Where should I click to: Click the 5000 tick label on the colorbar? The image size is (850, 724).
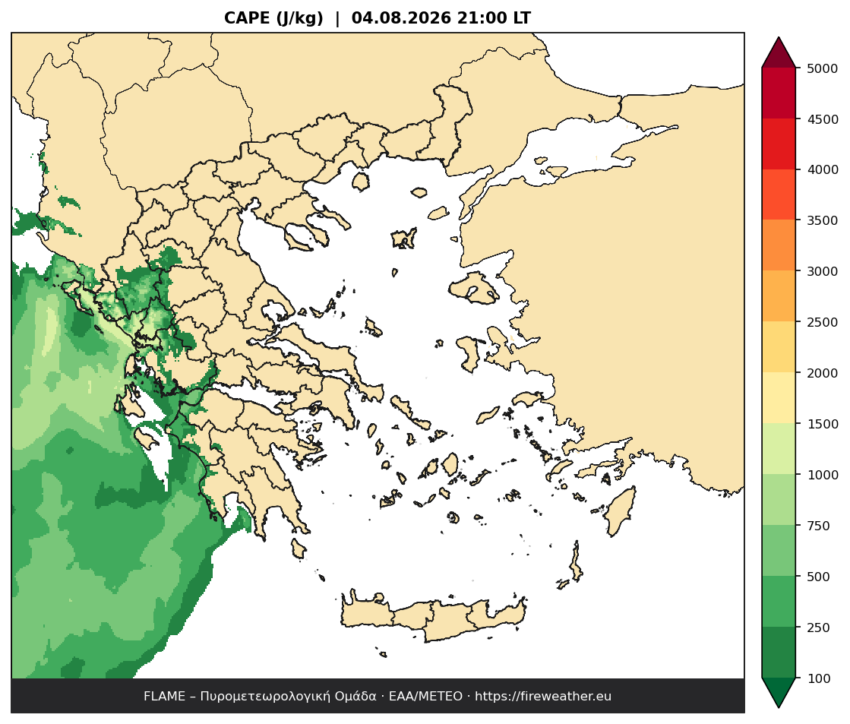(823, 68)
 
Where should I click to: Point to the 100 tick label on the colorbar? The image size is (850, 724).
(819, 678)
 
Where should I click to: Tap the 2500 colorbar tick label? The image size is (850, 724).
(823, 322)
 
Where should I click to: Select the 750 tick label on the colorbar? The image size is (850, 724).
(819, 526)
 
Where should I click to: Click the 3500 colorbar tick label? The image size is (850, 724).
(823, 220)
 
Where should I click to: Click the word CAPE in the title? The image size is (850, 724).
(247, 18)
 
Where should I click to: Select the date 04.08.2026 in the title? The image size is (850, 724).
(401, 18)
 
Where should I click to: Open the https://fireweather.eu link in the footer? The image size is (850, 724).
(543, 697)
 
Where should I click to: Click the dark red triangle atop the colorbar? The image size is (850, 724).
(779, 53)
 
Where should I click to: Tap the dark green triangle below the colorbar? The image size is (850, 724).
(779, 692)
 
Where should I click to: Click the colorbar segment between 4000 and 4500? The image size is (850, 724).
(779, 144)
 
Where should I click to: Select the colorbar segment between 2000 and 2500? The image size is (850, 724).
(779, 347)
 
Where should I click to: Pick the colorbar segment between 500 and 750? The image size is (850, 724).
(779, 551)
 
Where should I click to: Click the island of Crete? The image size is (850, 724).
(434, 618)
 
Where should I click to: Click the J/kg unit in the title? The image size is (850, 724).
(299, 18)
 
